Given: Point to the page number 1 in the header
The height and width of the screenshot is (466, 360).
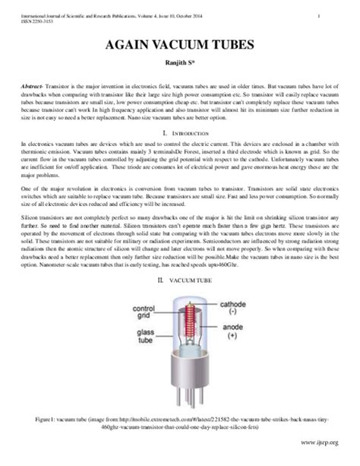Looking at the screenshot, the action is point(337,16).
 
